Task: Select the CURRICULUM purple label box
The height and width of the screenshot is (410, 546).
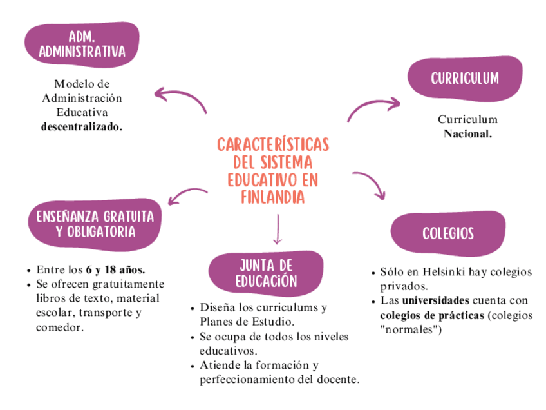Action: pos(465,78)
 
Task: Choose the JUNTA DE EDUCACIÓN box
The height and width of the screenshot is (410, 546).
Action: pos(266,273)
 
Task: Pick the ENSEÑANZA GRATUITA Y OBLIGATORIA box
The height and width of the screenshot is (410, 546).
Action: pos(95,223)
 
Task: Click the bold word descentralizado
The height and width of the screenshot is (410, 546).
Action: pos(82,127)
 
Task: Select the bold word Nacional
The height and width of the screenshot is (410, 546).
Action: pos(467,134)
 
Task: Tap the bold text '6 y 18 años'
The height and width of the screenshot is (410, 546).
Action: pos(115,269)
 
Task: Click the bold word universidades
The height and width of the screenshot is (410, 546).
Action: pos(436,300)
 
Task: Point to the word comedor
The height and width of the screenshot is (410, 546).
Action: pos(60,328)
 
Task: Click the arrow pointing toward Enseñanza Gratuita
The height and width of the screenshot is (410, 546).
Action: pos(187,193)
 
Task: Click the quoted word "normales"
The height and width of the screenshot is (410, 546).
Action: pos(410,330)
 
